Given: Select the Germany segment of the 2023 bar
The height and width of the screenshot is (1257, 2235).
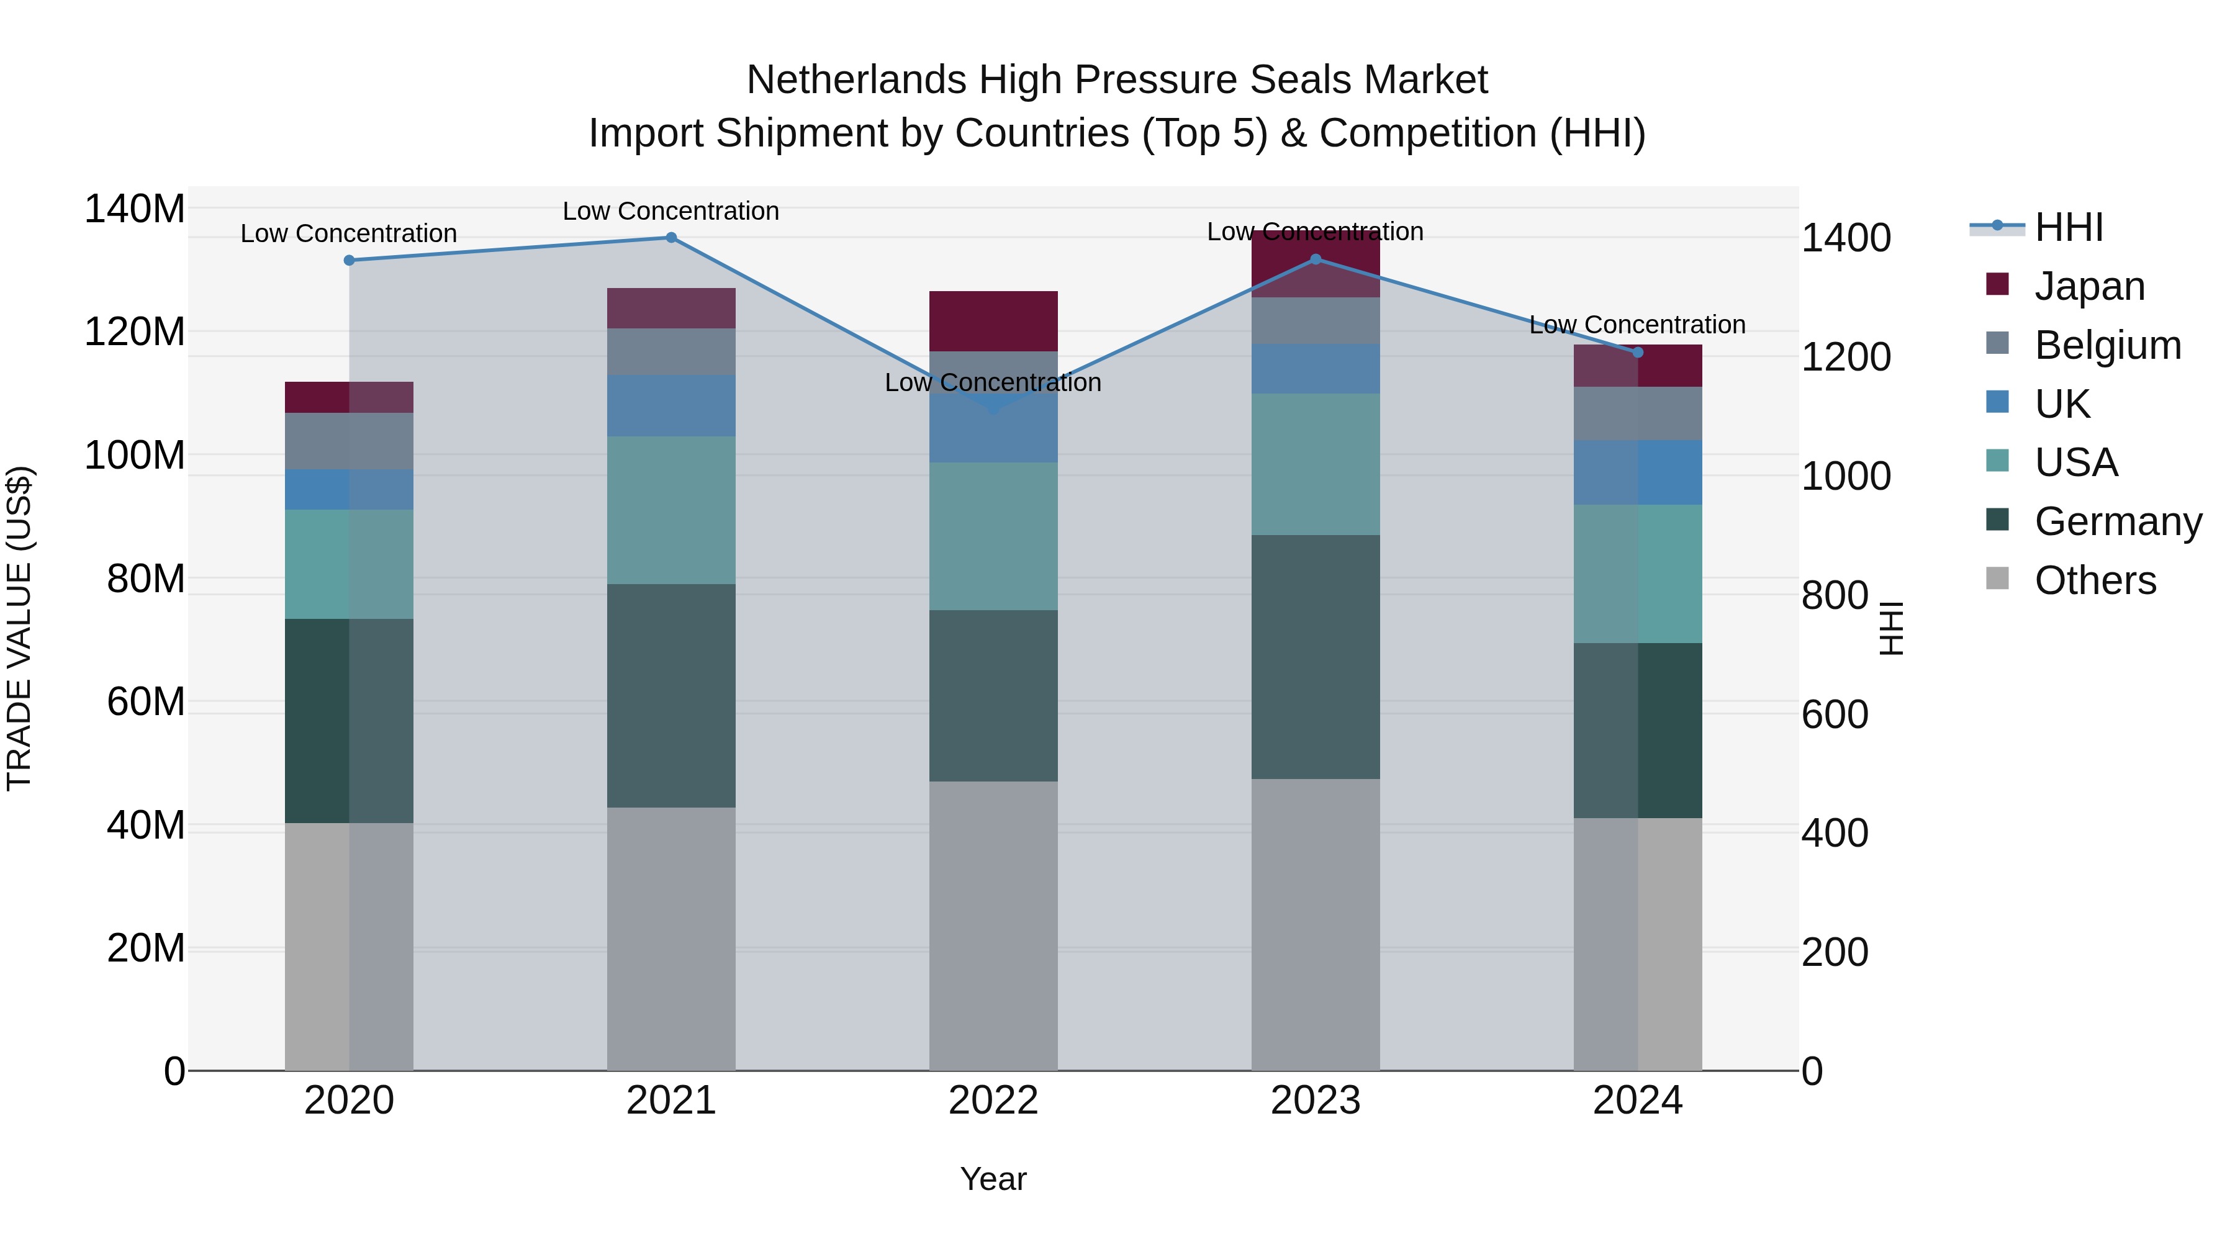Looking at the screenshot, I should pos(1316,657).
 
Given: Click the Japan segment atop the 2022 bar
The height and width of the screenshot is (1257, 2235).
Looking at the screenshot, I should pos(993,321).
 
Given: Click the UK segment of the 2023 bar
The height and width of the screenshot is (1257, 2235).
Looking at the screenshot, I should pos(1316,369).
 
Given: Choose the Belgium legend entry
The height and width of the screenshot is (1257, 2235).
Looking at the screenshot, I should pos(2106,345).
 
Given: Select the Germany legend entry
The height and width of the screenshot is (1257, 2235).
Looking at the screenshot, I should pos(2117,521).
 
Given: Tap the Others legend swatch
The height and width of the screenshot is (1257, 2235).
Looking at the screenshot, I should pos(1997,579).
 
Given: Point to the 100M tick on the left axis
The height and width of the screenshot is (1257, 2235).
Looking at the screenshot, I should pos(135,456).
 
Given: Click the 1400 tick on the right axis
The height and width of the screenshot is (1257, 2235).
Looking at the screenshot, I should pos(1846,238).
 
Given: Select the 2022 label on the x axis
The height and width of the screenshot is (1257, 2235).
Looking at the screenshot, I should pos(993,1101).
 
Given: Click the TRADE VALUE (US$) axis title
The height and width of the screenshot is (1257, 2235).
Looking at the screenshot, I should pos(20,628).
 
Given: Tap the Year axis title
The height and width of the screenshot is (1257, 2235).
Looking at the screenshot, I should pos(993,1179).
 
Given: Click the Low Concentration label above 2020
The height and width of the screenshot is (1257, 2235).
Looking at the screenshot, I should pos(349,233).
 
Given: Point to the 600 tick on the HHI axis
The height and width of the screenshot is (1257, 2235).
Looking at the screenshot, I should pos(1834,715).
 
